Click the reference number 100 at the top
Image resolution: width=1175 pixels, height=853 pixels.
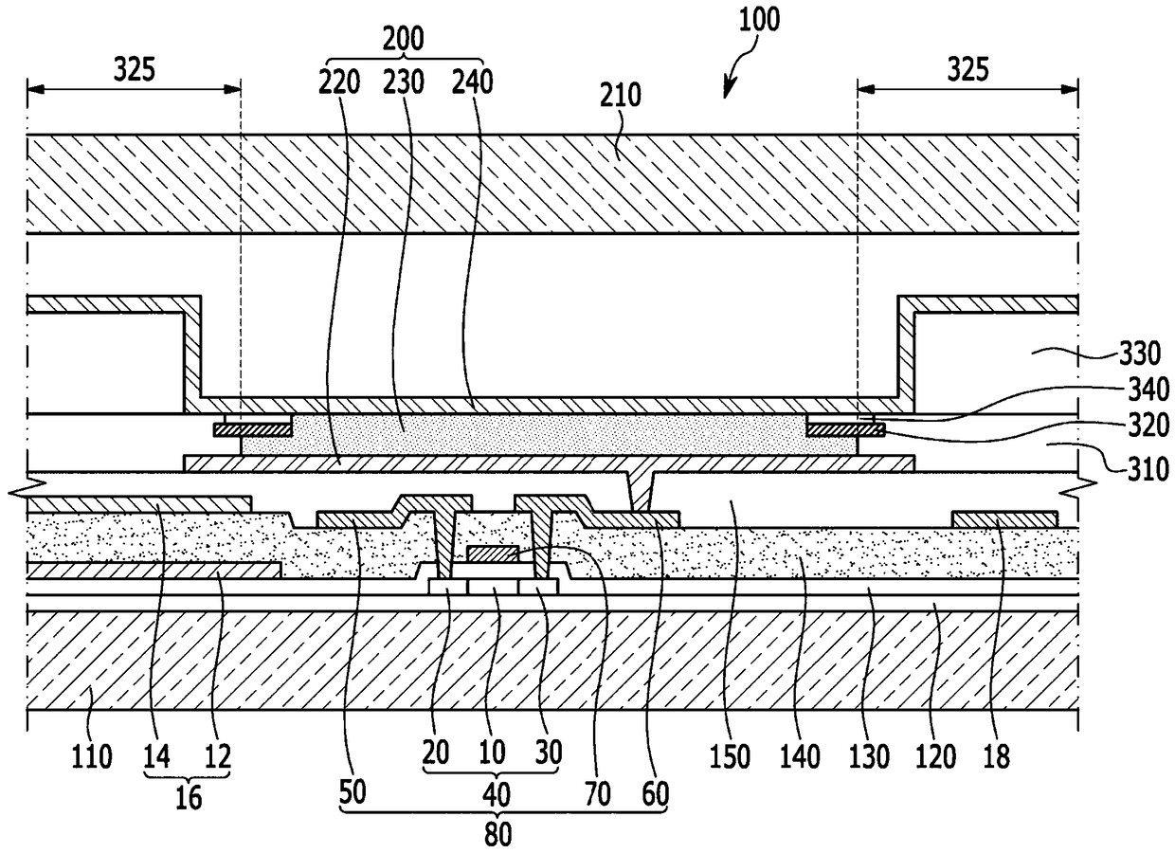[759, 20]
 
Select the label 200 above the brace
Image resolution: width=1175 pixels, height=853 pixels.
[403, 39]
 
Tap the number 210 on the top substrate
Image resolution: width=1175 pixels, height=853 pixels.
[621, 96]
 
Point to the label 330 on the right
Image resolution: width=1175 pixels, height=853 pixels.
[1139, 354]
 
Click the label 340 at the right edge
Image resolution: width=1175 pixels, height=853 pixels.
[1148, 390]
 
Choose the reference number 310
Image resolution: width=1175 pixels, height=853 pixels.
[1148, 468]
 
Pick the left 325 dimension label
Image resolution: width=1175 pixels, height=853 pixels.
[135, 69]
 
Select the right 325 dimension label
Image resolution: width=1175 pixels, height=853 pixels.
[967, 69]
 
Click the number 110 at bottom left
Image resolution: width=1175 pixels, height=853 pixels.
[92, 756]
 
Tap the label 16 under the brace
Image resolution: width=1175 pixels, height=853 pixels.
[189, 798]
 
